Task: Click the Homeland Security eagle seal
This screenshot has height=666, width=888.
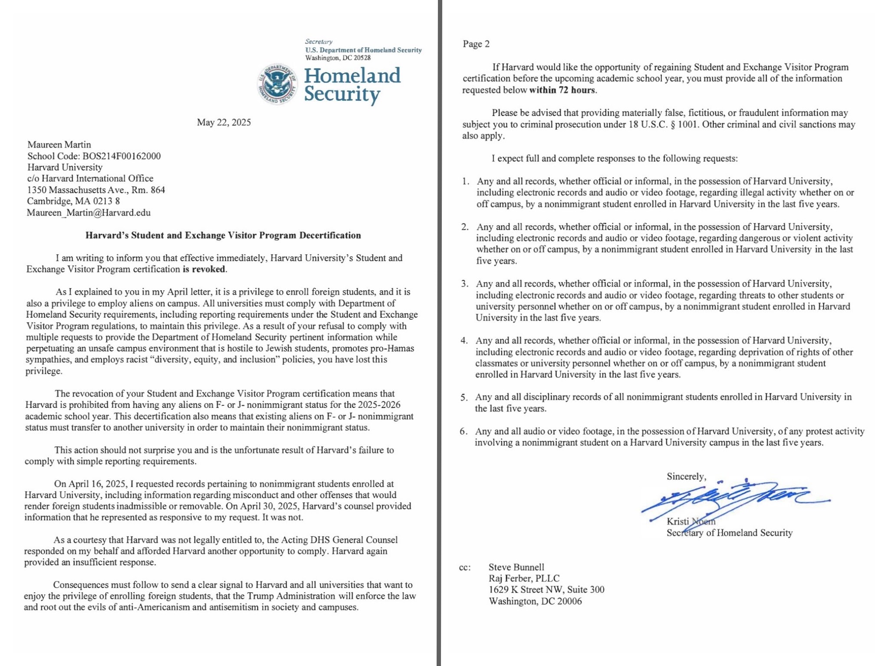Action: coord(278,84)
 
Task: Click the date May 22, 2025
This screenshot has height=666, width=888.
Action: coord(224,122)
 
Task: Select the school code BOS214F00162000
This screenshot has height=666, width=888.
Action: coord(122,156)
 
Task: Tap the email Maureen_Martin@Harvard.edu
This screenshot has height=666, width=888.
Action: coord(89,213)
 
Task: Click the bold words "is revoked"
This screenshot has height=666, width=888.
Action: coord(204,269)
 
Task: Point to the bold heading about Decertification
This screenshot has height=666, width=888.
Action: coord(223,235)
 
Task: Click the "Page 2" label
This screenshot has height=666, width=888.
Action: coord(476,44)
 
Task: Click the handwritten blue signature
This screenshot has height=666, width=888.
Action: coord(733,499)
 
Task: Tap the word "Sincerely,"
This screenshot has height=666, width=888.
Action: coord(686,476)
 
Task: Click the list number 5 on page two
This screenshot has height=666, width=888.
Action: coord(464,397)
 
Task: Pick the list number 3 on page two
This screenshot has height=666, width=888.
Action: coord(464,284)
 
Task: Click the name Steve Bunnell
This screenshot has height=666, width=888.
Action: coord(516,567)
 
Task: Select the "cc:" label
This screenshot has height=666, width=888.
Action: coord(464,568)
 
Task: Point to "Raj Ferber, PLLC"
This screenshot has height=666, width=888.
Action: coord(524,578)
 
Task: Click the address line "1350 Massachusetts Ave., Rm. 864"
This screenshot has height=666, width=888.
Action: coord(96,190)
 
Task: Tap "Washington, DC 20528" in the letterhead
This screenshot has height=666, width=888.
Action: coord(338,58)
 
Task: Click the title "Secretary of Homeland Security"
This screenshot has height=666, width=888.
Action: coord(729,533)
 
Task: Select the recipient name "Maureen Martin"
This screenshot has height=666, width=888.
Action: coord(59,144)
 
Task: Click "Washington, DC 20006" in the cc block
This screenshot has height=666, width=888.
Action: coord(535,601)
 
